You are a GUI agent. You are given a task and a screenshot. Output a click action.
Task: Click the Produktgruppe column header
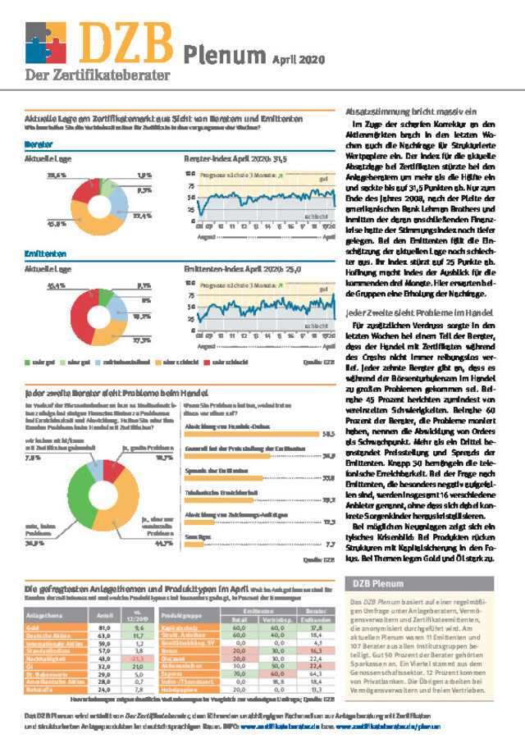click(x=181, y=614)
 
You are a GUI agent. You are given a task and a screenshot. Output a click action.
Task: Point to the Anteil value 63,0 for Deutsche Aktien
click(x=105, y=634)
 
